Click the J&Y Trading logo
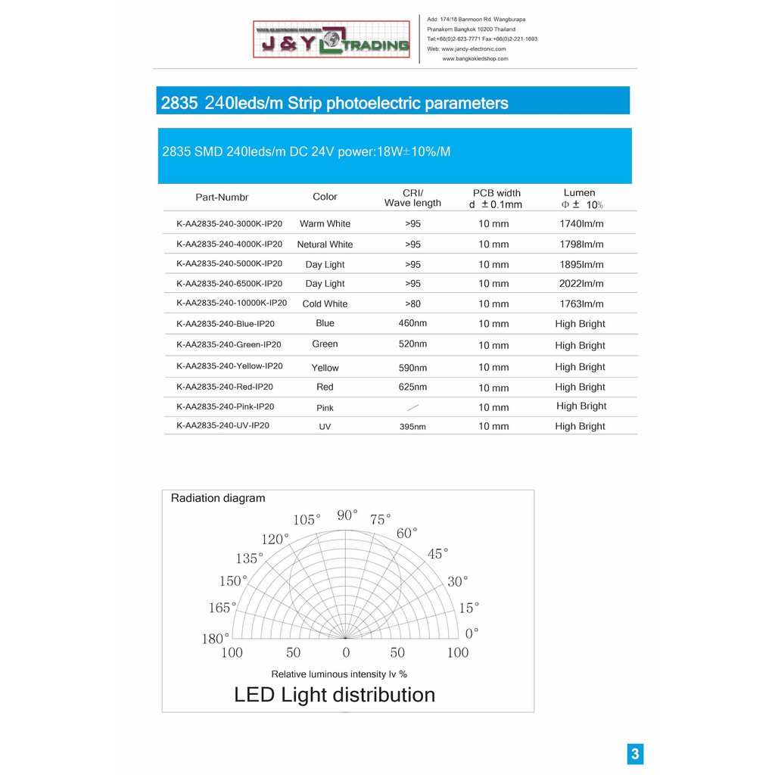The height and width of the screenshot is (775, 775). pyautogui.click(x=331, y=40)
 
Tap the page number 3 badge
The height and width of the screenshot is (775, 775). pyautogui.click(x=635, y=754)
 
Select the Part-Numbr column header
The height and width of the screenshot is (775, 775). pyautogui.click(x=222, y=198)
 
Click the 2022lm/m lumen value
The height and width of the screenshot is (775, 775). pyautogui.click(x=580, y=284)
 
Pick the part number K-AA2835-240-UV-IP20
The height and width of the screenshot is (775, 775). pyautogui.click(x=223, y=425)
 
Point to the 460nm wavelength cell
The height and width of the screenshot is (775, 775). pyautogui.click(x=412, y=323)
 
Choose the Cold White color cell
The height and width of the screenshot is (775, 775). pyautogui.click(x=325, y=304)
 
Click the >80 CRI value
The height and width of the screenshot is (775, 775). pyautogui.click(x=412, y=304)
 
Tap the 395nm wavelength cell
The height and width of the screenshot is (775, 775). pyautogui.click(x=412, y=427)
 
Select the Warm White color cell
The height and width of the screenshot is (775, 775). pyautogui.click(x=325, y=224)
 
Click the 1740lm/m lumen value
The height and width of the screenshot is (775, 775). pyautogui.click(x=580, y=224)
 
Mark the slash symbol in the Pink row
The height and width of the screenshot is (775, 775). pyautogui.click(x=412, y=407)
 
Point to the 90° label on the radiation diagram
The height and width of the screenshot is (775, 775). pyautogui.click(x=347, y=515)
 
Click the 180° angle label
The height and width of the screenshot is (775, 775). pyautogui.click(x=215, y=639)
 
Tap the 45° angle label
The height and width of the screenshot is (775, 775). pyautogui.click(x=437, y=554)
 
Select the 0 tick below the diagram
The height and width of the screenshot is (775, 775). pyautogui.click(x=346, y=652)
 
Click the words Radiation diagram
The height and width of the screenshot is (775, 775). pyautogui.click(x=218, y=498)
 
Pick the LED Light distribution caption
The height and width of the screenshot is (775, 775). pyautogui.click(x=335, y=695)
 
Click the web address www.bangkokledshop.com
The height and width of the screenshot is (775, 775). pyautogui.click(x=475, y=58)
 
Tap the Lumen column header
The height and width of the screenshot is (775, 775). pyautogui.click(x=580, y=193)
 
